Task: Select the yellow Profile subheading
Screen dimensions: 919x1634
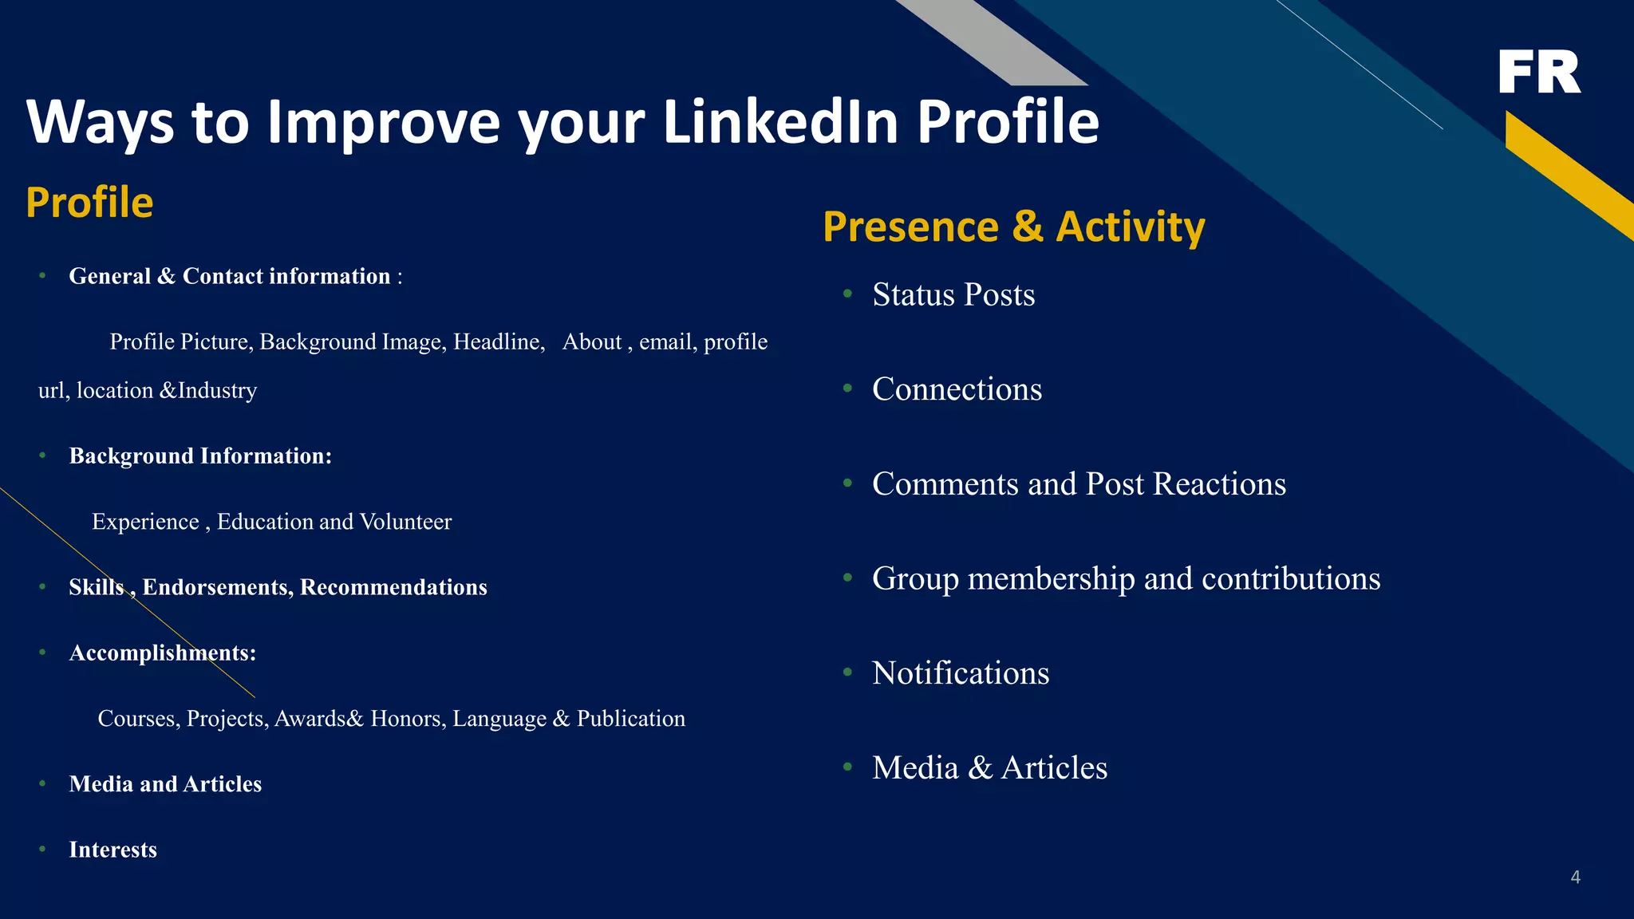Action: (89, 202)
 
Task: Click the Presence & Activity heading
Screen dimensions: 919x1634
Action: (1013, 227)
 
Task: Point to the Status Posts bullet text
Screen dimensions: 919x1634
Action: (953, 294)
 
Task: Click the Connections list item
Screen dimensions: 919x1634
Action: (957, 389)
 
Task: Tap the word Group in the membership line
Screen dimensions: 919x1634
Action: (915, 579)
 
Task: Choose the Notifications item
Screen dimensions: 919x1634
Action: (961, 673)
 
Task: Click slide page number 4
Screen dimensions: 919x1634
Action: (1575, 878)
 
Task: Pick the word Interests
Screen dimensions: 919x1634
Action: (112, 850)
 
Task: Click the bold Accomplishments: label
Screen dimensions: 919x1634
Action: (163, 653)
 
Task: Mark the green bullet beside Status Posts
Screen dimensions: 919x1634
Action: (848, 294)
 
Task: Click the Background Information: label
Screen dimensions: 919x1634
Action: (200, 456)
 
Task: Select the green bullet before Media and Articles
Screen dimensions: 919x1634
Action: (42, 784)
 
